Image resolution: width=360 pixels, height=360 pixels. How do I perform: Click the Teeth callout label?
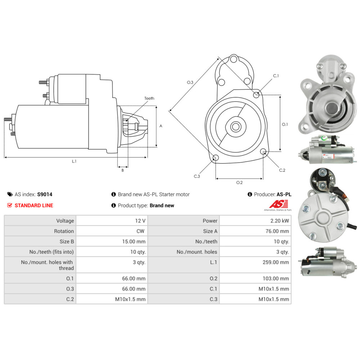[x=149, y=98]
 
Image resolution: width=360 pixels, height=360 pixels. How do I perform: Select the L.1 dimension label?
[x=74, y=162]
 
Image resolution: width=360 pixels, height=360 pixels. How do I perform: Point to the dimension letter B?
[x=122, y=170]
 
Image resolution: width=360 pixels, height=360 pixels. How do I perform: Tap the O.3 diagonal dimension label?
[x=190, y=82]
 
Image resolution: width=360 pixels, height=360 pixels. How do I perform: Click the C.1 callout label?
[x=276, y=76]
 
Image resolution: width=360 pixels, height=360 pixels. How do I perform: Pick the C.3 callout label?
[x=197, y=176]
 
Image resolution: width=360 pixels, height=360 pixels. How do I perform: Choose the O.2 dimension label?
[x=239, y=183]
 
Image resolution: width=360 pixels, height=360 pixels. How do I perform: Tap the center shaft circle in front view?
[x=236, y=126]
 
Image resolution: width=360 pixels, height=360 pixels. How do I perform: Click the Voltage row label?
[x=65, y=221]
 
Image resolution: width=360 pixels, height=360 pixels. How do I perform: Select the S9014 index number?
[x=45, y=194]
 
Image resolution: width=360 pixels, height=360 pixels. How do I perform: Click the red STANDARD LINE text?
[x=33, y=205]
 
